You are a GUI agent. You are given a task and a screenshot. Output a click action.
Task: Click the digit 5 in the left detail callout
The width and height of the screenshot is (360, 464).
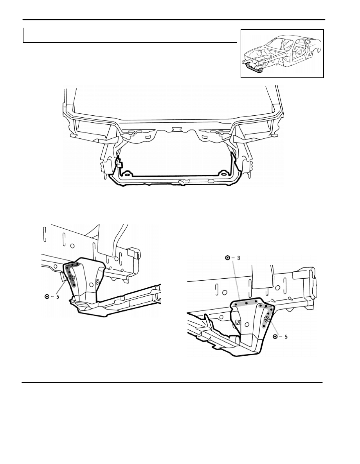click(58, 297)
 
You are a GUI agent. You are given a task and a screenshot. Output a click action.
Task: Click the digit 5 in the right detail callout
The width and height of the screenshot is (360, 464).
click(286, 337)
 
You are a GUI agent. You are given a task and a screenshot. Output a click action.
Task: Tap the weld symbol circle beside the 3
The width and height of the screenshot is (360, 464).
click(228, 258)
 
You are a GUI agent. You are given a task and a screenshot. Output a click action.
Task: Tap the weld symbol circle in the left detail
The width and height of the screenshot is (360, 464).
click(47, 297)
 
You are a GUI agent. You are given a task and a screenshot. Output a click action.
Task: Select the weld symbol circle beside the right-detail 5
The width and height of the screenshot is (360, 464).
click(275, 337)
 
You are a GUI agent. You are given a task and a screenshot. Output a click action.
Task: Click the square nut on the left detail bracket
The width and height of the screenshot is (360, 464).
click(72, 278)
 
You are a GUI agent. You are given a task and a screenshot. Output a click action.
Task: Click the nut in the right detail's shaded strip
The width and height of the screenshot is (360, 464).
click(266, 319)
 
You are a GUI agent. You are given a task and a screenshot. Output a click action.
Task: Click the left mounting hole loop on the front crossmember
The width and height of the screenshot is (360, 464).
click(128, 174)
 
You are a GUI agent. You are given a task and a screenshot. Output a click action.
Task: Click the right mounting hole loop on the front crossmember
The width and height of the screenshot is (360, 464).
click(222, 174)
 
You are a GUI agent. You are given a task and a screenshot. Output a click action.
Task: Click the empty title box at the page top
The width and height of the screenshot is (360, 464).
click(130, 36)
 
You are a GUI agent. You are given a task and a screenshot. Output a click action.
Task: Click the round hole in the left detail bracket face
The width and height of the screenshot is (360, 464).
click(91, 284)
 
